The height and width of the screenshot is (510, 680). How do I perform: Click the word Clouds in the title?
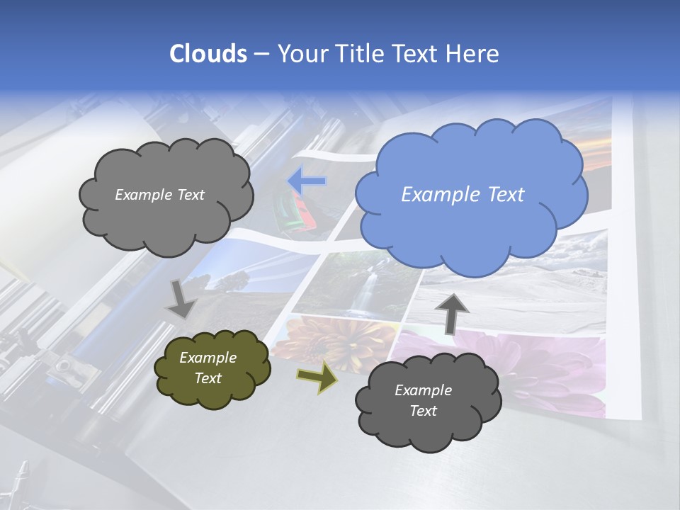(x=208, y=54)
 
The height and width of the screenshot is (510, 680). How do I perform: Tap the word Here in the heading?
(x=475, y=54)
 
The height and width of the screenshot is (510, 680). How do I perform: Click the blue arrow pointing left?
(x=307, y=181)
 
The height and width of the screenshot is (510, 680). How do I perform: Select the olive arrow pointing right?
(x=317, y=377)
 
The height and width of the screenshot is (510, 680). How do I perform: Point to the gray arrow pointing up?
(x=452, y=312)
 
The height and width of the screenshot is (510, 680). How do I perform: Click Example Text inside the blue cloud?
(x=463, y=195)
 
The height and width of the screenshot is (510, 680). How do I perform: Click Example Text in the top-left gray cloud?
(x=159, y=195)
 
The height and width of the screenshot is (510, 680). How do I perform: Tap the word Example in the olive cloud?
(x=208, y=358)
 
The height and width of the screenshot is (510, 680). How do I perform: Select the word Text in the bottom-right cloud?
(x=423, y=411)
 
